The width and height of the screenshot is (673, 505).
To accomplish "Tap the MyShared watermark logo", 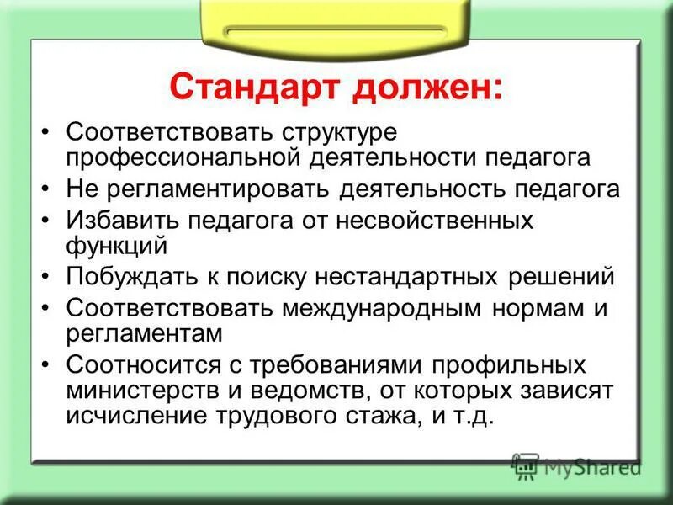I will (x=575, y=465).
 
